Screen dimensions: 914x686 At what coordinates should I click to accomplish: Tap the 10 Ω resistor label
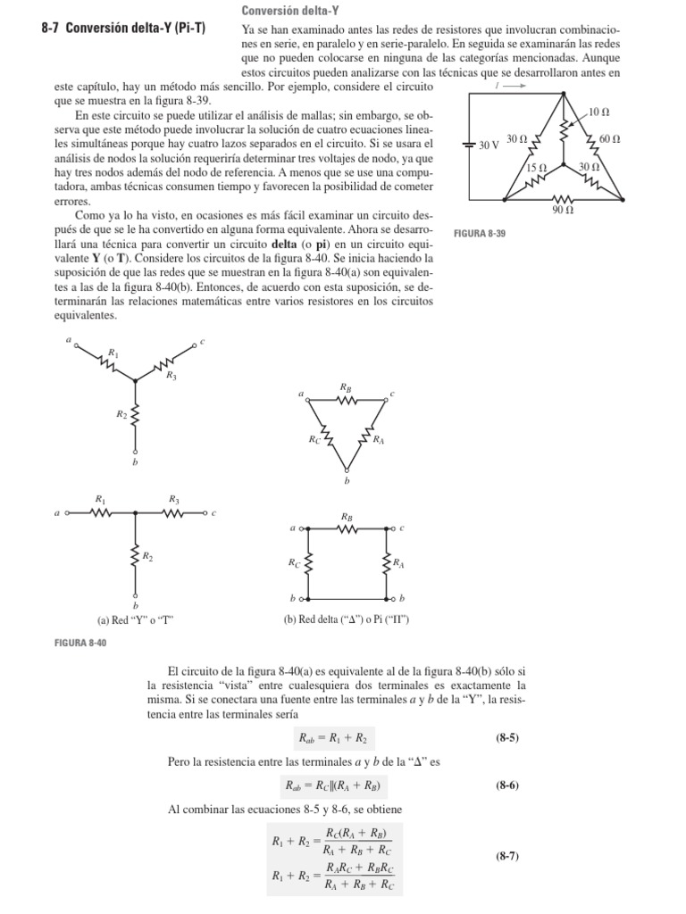[599, 112]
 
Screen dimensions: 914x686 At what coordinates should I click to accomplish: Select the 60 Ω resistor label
[610, 138]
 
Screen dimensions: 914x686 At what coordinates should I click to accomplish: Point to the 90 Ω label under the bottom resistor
[563, 211]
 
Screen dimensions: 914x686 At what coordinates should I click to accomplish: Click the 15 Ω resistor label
[536, 168]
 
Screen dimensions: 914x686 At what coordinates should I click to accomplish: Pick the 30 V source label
[488, 144]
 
